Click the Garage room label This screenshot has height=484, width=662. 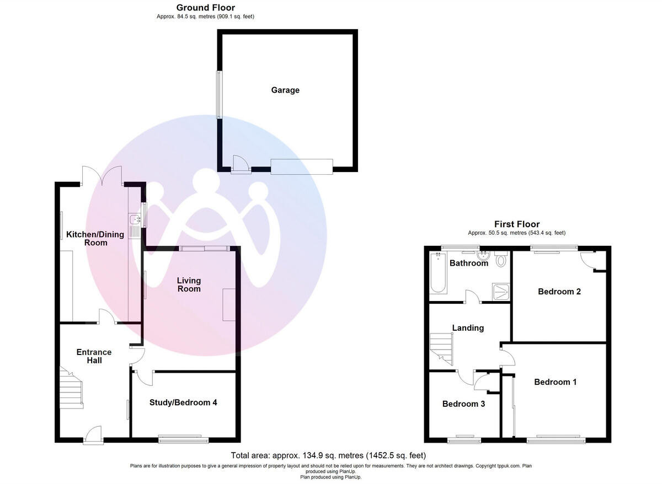(285, 90)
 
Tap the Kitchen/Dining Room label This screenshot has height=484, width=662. (87, 238)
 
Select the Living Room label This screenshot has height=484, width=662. (189, 284)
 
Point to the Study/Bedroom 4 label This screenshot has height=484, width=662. (183, 402)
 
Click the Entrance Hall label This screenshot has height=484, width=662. (94, 356)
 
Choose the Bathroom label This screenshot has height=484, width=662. (468, 263)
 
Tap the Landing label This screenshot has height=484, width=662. (468, 328)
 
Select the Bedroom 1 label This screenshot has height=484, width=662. (555, 381)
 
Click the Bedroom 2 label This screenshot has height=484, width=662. (559, 292)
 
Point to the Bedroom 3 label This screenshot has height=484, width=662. (463, 404)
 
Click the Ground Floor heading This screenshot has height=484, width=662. (205, 8)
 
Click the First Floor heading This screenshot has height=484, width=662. (516, 224)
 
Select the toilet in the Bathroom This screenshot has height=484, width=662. (501, 260)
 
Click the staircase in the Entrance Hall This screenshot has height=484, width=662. (71, 389)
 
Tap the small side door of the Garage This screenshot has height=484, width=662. (239, 164)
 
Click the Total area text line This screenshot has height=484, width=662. (328, 455)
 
